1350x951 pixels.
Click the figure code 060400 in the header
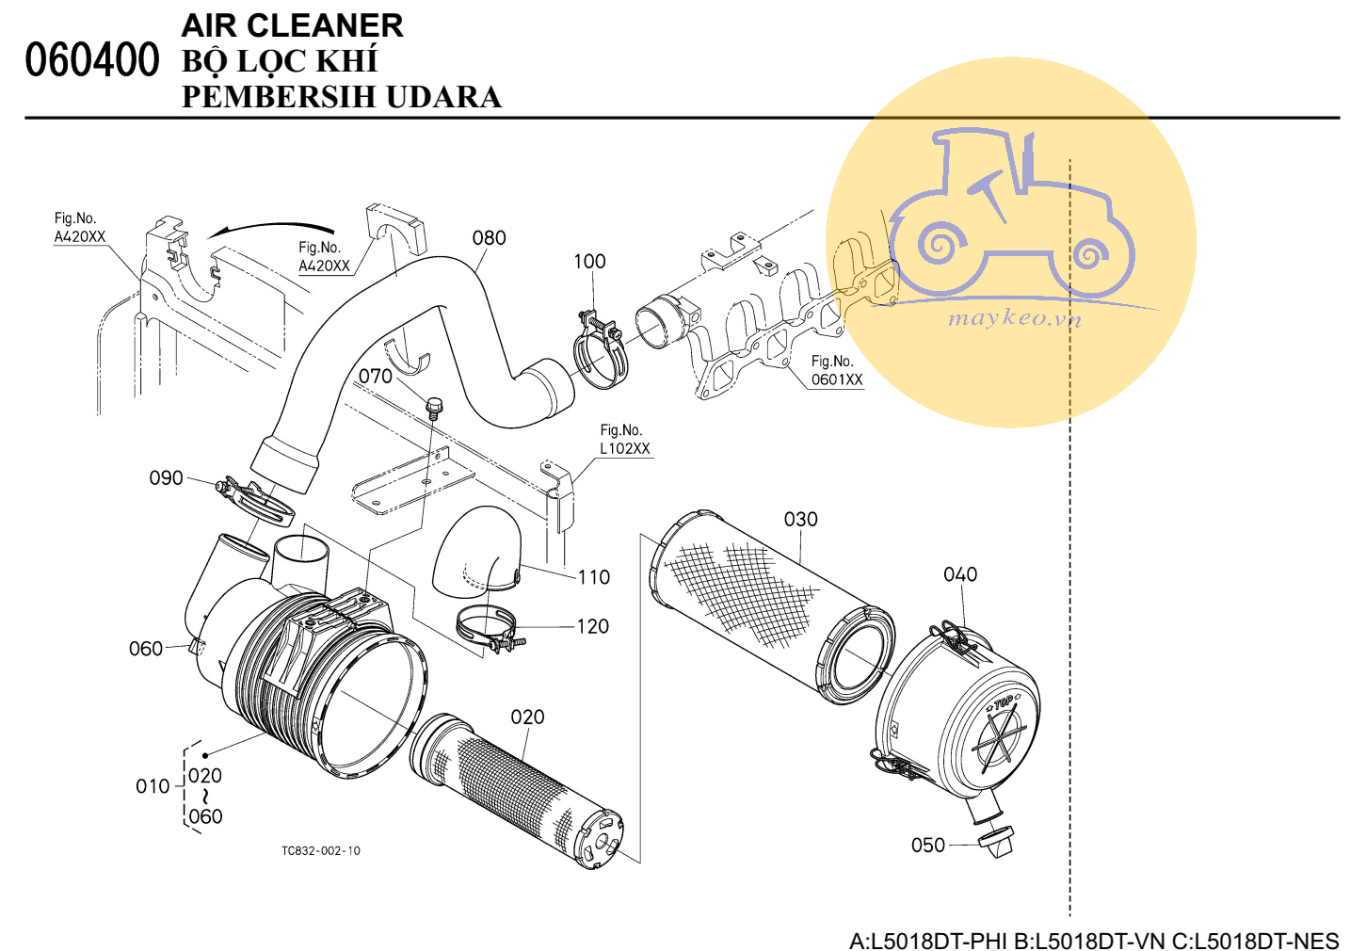[x=92, y=60]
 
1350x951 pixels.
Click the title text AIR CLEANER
[x=292, y=25]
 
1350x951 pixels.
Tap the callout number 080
[x=489, y=238]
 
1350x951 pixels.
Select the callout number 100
[x=589, y=262]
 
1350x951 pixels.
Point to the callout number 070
[x=375, y=377]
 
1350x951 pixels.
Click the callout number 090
[x=166, y=478]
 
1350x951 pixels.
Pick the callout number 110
[x=593, y=577]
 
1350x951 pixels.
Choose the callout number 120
[x=592, y=627]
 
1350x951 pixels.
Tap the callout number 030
[x=800, y=520]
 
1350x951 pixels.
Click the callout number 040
[x=959, y=574]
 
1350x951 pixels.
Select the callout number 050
[x=927, y=846]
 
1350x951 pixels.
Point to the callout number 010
[x=152, y=786]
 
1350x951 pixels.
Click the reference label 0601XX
[x=837, y=380]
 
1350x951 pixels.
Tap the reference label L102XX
[x=625, y=449]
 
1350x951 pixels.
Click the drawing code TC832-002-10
[x=320, y=851]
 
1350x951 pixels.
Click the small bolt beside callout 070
[x=434, y=408]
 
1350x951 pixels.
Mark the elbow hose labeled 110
[x=477, y=551]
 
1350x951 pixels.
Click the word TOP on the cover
[x=1004, y=702]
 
